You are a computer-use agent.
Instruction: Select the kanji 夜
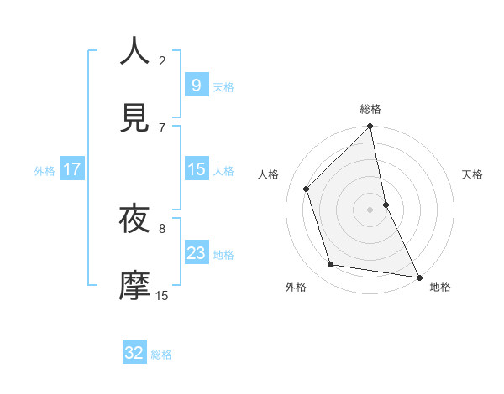134,220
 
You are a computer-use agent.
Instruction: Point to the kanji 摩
134,286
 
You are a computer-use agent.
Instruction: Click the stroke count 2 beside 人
162,60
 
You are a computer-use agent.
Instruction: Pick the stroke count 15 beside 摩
162,295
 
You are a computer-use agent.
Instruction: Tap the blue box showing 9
196,86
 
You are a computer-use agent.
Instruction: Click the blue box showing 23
196,253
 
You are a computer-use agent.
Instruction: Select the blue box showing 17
72,170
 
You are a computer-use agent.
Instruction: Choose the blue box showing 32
134,353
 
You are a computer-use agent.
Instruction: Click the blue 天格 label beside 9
223,87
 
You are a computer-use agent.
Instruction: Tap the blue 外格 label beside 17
45,171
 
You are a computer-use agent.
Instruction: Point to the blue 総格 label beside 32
161,355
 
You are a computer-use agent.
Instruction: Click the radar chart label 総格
370,109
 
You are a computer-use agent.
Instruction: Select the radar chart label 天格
473,174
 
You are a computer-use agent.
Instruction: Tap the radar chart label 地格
440,288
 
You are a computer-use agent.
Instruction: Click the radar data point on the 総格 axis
370,127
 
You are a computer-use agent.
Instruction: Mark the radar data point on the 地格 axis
418,277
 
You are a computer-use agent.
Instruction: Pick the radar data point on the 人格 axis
307,189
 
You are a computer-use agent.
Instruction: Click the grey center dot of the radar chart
370,210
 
